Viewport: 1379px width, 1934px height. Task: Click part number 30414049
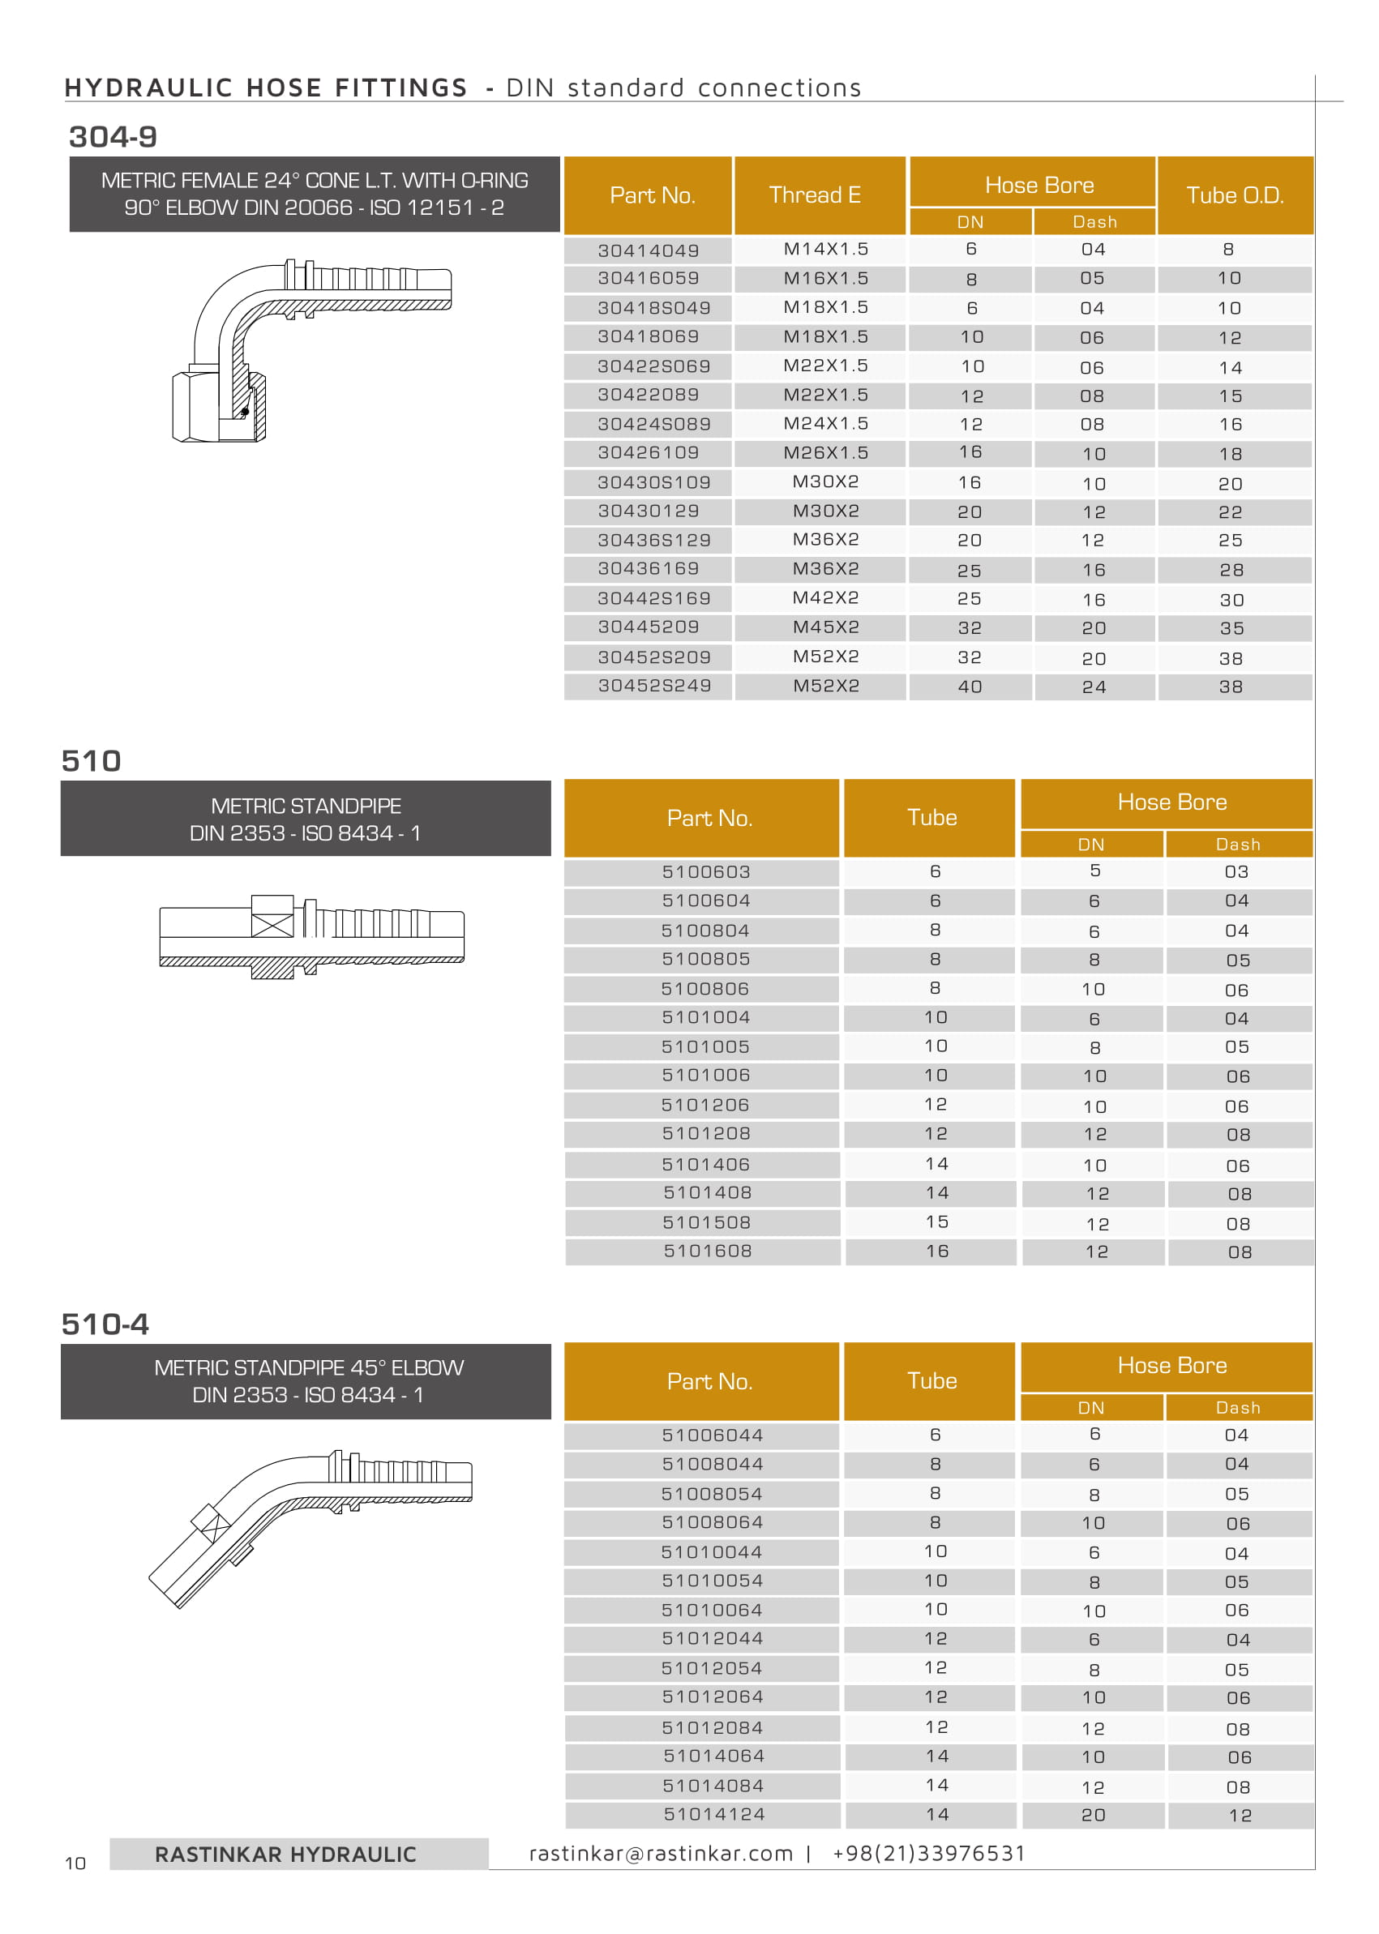pyautogui.click(x=648, y=250)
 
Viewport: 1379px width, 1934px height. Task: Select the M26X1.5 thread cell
pyautogui.click(x=825, y=452)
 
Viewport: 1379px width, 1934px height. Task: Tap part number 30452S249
pyautogui.click(x=654, y=686)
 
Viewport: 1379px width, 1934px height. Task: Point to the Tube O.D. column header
pyautogui.click(x=1234, y=195)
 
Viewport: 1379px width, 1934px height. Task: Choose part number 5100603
pyautogui.click(x=705, y=872)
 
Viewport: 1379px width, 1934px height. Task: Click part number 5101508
pyautogui.click(x=707, y=1222)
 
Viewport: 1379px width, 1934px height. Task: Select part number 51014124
pyautogui.click(x=714, y=1814)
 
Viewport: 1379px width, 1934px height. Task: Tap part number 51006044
pyautogui.click(x=713, y=1435)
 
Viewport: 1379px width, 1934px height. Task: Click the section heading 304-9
pyautogui.click(x=113, y=137)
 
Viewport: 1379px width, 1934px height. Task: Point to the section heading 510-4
pyautogui.click(x=105, y=1324)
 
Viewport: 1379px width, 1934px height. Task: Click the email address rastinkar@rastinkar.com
pyautogui.click(x=661, y=1853)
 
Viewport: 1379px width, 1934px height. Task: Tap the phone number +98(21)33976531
pyautogui.click(x=929, y=1853)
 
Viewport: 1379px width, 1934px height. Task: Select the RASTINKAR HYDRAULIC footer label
pyautogui.click(x=285, y=1855)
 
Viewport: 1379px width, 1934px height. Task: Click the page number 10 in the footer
pyautogui.click(x=75, y=1863)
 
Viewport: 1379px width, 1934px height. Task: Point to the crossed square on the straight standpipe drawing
pyautogui.click(x=272, y=917)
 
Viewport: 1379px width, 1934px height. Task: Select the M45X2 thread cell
pyautogui.click(x=825, y=627)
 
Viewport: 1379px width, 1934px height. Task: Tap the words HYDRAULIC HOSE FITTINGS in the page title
pyautogui.click(x=266, y=88)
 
